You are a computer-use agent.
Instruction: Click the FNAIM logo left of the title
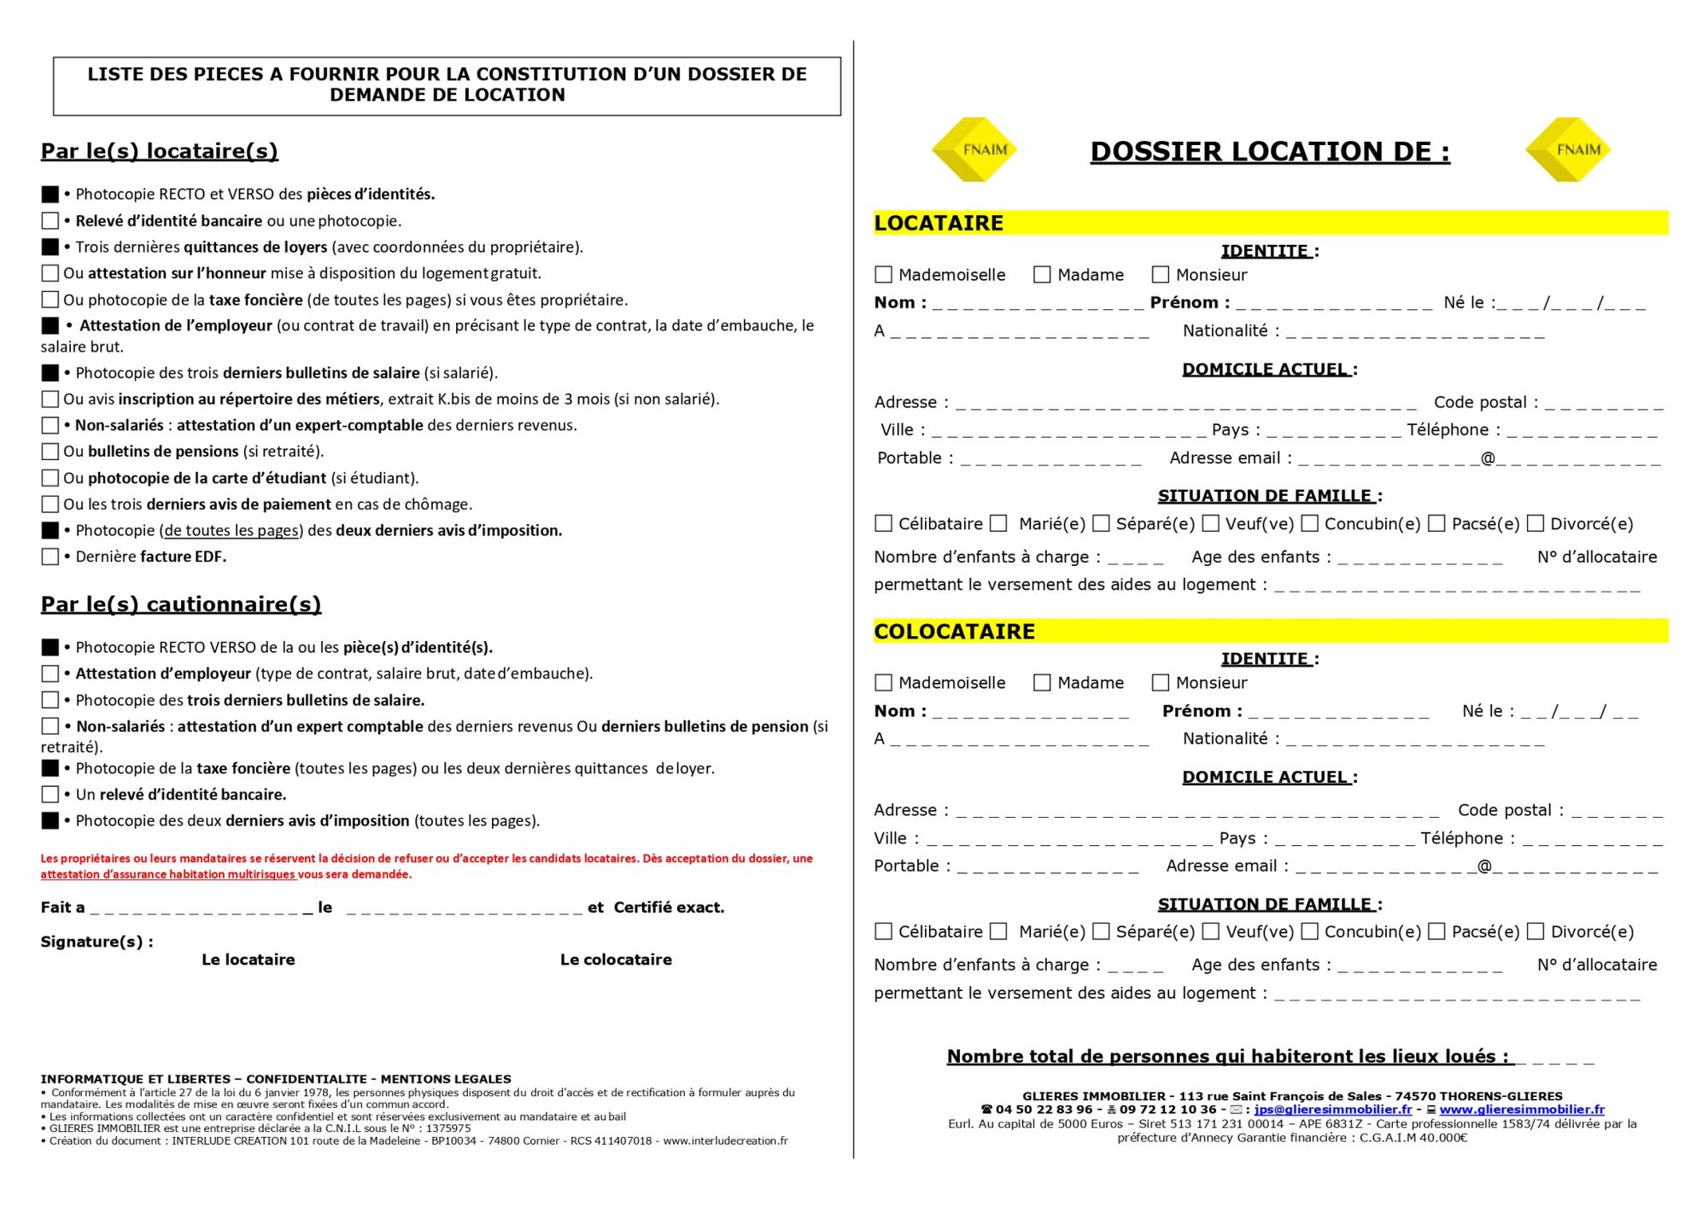[974, 149]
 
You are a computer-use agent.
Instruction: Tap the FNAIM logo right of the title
[1568, 149]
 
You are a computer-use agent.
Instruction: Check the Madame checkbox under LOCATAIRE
[1042, 275]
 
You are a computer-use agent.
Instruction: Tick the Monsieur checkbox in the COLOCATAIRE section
[1160, 683]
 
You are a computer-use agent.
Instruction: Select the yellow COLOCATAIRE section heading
[954, 632]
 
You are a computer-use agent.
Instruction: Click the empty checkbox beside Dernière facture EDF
[50, 557]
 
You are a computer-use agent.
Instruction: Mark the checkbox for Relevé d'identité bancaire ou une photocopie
[50, 221]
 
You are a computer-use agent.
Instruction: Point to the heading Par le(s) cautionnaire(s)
[181, 604]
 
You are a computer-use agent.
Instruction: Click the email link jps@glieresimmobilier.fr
[1332, 1110]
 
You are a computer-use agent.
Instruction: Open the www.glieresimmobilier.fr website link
[1521, 1110]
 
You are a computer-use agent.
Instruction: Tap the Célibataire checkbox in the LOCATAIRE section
[884, 523]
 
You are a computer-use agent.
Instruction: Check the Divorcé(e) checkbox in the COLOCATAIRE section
[1535, 931]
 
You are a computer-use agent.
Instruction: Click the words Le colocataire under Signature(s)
[616, 959]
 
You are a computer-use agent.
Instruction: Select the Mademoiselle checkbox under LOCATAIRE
[884, 275]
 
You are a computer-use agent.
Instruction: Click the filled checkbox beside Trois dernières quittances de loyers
[50, 248]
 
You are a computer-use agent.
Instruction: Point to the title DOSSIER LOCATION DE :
[1270, 152]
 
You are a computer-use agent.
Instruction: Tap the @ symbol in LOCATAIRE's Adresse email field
[1488, 458]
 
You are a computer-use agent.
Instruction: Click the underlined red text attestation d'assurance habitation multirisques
[167, 874]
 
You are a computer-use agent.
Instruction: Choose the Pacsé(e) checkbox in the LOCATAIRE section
[1436, 523]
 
